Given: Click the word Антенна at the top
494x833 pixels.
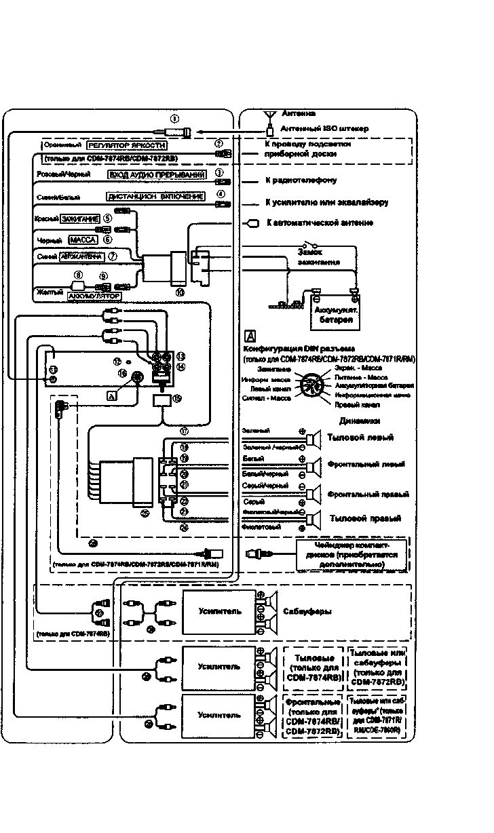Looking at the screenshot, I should (x=299, y=114).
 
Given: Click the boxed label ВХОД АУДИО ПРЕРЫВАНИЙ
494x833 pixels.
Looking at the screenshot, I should (x=157, y=175).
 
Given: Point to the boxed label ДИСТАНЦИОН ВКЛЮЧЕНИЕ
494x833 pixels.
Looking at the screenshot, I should (x=155, y=197).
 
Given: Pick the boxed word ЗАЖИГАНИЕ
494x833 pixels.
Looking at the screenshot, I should (x=80, y=218).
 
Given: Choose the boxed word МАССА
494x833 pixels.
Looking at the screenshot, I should (x=83, y=240).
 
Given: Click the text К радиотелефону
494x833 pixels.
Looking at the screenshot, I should (x=302, y=181).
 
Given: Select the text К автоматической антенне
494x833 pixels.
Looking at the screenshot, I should (x=319, y=223).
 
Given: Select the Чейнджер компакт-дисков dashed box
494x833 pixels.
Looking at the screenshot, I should (x=351, y=553).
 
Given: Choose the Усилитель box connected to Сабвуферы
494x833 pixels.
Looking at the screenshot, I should (x=218, y=611).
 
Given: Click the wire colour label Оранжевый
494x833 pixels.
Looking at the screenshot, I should (x=62, y=145).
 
